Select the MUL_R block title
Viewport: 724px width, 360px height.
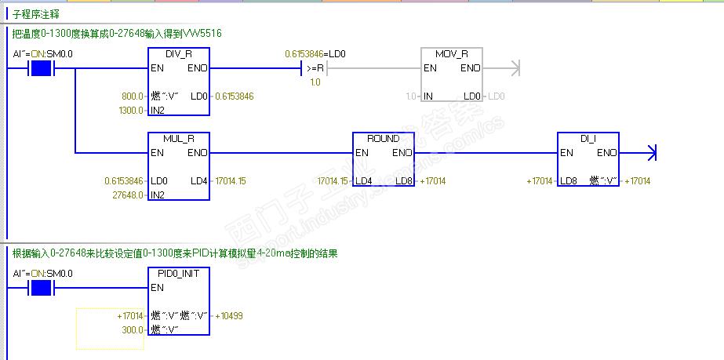pyautogui.click(x=179, y=138)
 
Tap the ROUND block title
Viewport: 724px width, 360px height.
pyautogui.click(x=384, y=138)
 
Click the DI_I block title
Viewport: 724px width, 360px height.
pyautogui.click(x=588, y=138)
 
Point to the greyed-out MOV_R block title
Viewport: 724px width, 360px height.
pyautogui.click(x=452, y=53)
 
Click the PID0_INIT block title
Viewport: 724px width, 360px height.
pyautogui.click(x=179, y=273)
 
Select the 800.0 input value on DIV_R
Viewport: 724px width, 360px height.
pyautogui.click(x=133, y=96)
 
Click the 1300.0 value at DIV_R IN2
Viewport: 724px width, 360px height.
pyautogui.click(x=130, y=110)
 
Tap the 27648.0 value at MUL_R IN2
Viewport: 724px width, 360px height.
pyautogui.click(x=129, y=195)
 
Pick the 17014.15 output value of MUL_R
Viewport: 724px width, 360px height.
pyautogui.click(x=230, y=180)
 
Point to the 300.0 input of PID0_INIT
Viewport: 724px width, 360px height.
pyautogui.click(x=133, y=329)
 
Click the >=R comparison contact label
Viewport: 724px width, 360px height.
pyautogui.click(x=315, y=68)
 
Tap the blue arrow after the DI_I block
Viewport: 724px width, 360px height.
pyautogui.click(x=649, y=153)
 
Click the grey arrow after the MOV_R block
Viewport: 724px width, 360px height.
pyautogui.click(x=514, y=68)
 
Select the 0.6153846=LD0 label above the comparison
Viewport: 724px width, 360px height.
pyautogui.click(x=315, y=53)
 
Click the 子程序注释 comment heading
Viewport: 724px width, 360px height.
pyautogui.click(x=35, y=15)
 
